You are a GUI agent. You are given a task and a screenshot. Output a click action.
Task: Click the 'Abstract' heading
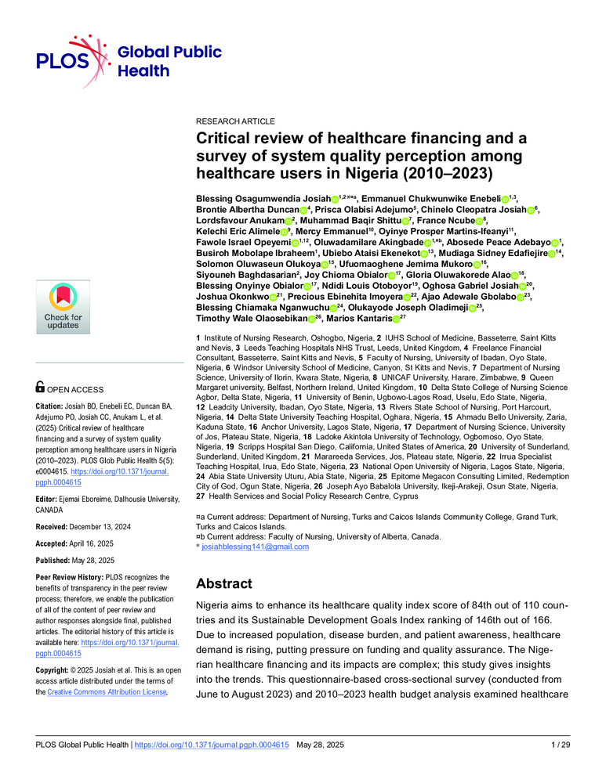pos(223,583)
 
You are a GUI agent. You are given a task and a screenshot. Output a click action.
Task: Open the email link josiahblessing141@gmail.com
pos(255,547)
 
